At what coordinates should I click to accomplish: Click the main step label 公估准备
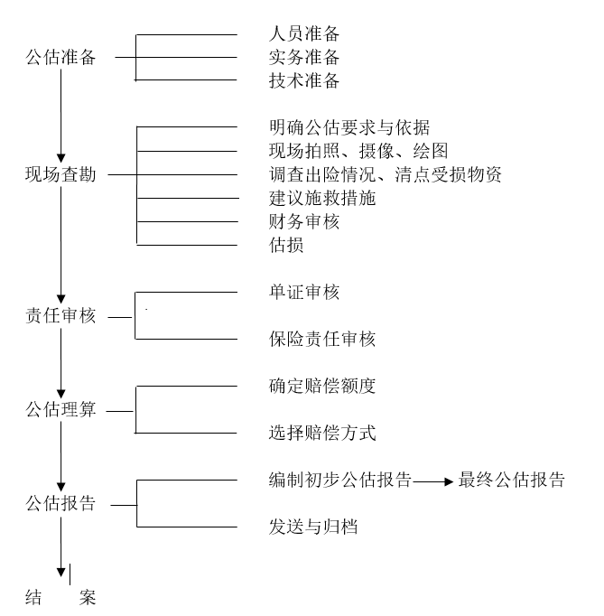(60, 58)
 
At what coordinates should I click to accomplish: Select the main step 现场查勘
(60, 174)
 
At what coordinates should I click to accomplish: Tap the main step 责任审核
(60, 316)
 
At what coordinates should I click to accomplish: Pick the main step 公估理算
(60, 410)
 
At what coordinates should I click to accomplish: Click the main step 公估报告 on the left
(60, 504)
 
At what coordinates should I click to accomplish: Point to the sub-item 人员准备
(304, 33)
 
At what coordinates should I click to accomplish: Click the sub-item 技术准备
(304, 80)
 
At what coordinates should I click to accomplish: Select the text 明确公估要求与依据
(349, 127)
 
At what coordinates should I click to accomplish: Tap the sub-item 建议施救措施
(322, 198)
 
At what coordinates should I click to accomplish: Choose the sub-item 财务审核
(304, 221)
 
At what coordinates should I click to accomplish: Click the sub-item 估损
(286, 245)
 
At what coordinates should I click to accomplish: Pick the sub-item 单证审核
(304, 293)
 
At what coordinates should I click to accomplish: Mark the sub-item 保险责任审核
(322, 339)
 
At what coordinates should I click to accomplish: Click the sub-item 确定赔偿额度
(322, 387)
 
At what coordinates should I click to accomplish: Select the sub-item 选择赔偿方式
(322, 433)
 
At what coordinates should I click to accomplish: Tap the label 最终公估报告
(511, 481)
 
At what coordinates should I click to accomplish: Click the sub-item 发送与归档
(313, 527)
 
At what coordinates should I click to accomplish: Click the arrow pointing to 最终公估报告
(433, 481)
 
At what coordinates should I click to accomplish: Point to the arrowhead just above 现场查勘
(60, 158)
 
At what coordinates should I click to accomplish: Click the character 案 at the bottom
(88, 598)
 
